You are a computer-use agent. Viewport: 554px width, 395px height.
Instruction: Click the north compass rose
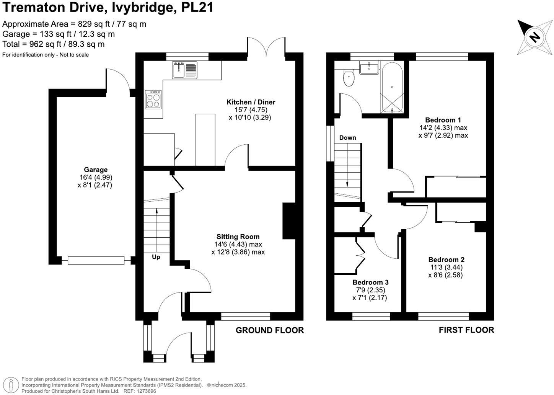pos(534,37)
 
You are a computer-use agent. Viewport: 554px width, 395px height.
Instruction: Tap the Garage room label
pos(96,170)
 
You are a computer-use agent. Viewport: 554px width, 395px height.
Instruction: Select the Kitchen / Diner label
pos(251,102)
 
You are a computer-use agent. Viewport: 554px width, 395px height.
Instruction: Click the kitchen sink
pos(184,70)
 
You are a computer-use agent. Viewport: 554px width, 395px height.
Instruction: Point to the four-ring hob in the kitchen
pos(153,100)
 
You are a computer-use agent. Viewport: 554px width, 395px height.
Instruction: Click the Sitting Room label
pos(238,237)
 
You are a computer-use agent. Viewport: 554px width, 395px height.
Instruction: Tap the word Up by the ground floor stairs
pos(156,257)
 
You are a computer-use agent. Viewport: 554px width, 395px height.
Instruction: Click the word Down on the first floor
pos(347,137)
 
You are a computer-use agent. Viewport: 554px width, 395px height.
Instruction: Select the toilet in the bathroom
pos(349,78)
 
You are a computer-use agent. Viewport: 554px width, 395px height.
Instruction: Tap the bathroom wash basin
pos(369,68)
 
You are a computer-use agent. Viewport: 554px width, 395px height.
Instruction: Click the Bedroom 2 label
pos(446,260)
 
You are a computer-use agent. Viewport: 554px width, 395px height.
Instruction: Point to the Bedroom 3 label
pos(370,282)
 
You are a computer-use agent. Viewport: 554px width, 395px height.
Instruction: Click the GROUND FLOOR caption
pos(269,330)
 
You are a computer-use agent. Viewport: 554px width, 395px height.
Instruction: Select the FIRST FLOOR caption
pos(466,330)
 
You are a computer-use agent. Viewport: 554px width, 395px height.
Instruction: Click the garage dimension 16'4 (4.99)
pos(95,177)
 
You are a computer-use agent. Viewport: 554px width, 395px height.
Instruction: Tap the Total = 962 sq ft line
pos(54,44)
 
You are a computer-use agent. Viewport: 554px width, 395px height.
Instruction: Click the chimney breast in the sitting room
pos(289,221)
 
